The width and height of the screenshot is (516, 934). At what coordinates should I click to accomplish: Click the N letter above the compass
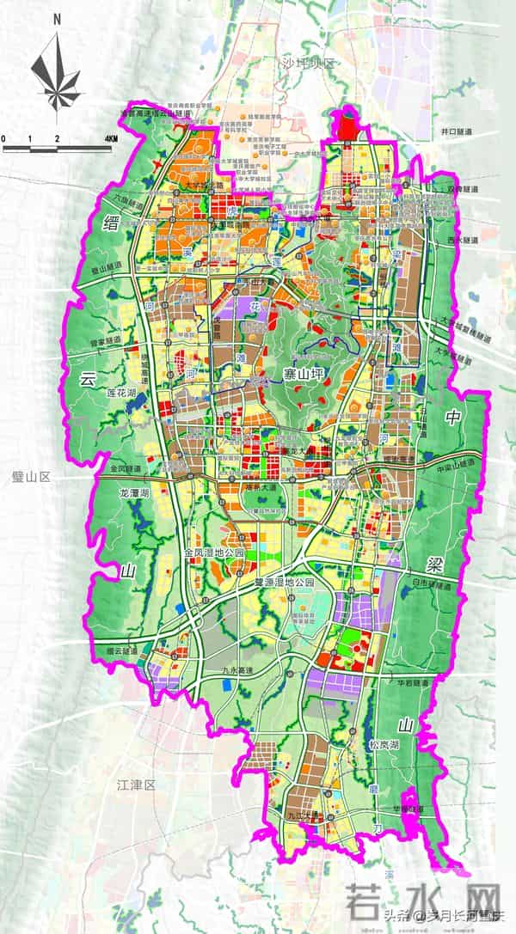(x=56, y=17)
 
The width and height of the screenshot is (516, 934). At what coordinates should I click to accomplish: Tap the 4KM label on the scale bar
(x=111, y=138)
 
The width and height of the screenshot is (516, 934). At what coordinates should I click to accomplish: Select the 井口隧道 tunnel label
(x=458, y=131)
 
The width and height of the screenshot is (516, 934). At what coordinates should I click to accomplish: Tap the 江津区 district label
(x=135, y=784)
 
